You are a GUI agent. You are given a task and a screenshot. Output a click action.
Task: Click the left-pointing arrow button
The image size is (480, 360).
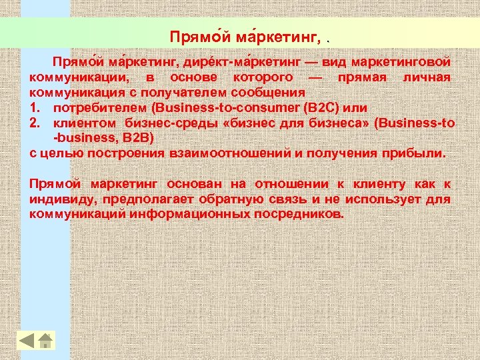tap(26, 340)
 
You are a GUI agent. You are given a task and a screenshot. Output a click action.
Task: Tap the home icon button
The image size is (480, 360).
tap(45, 340)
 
